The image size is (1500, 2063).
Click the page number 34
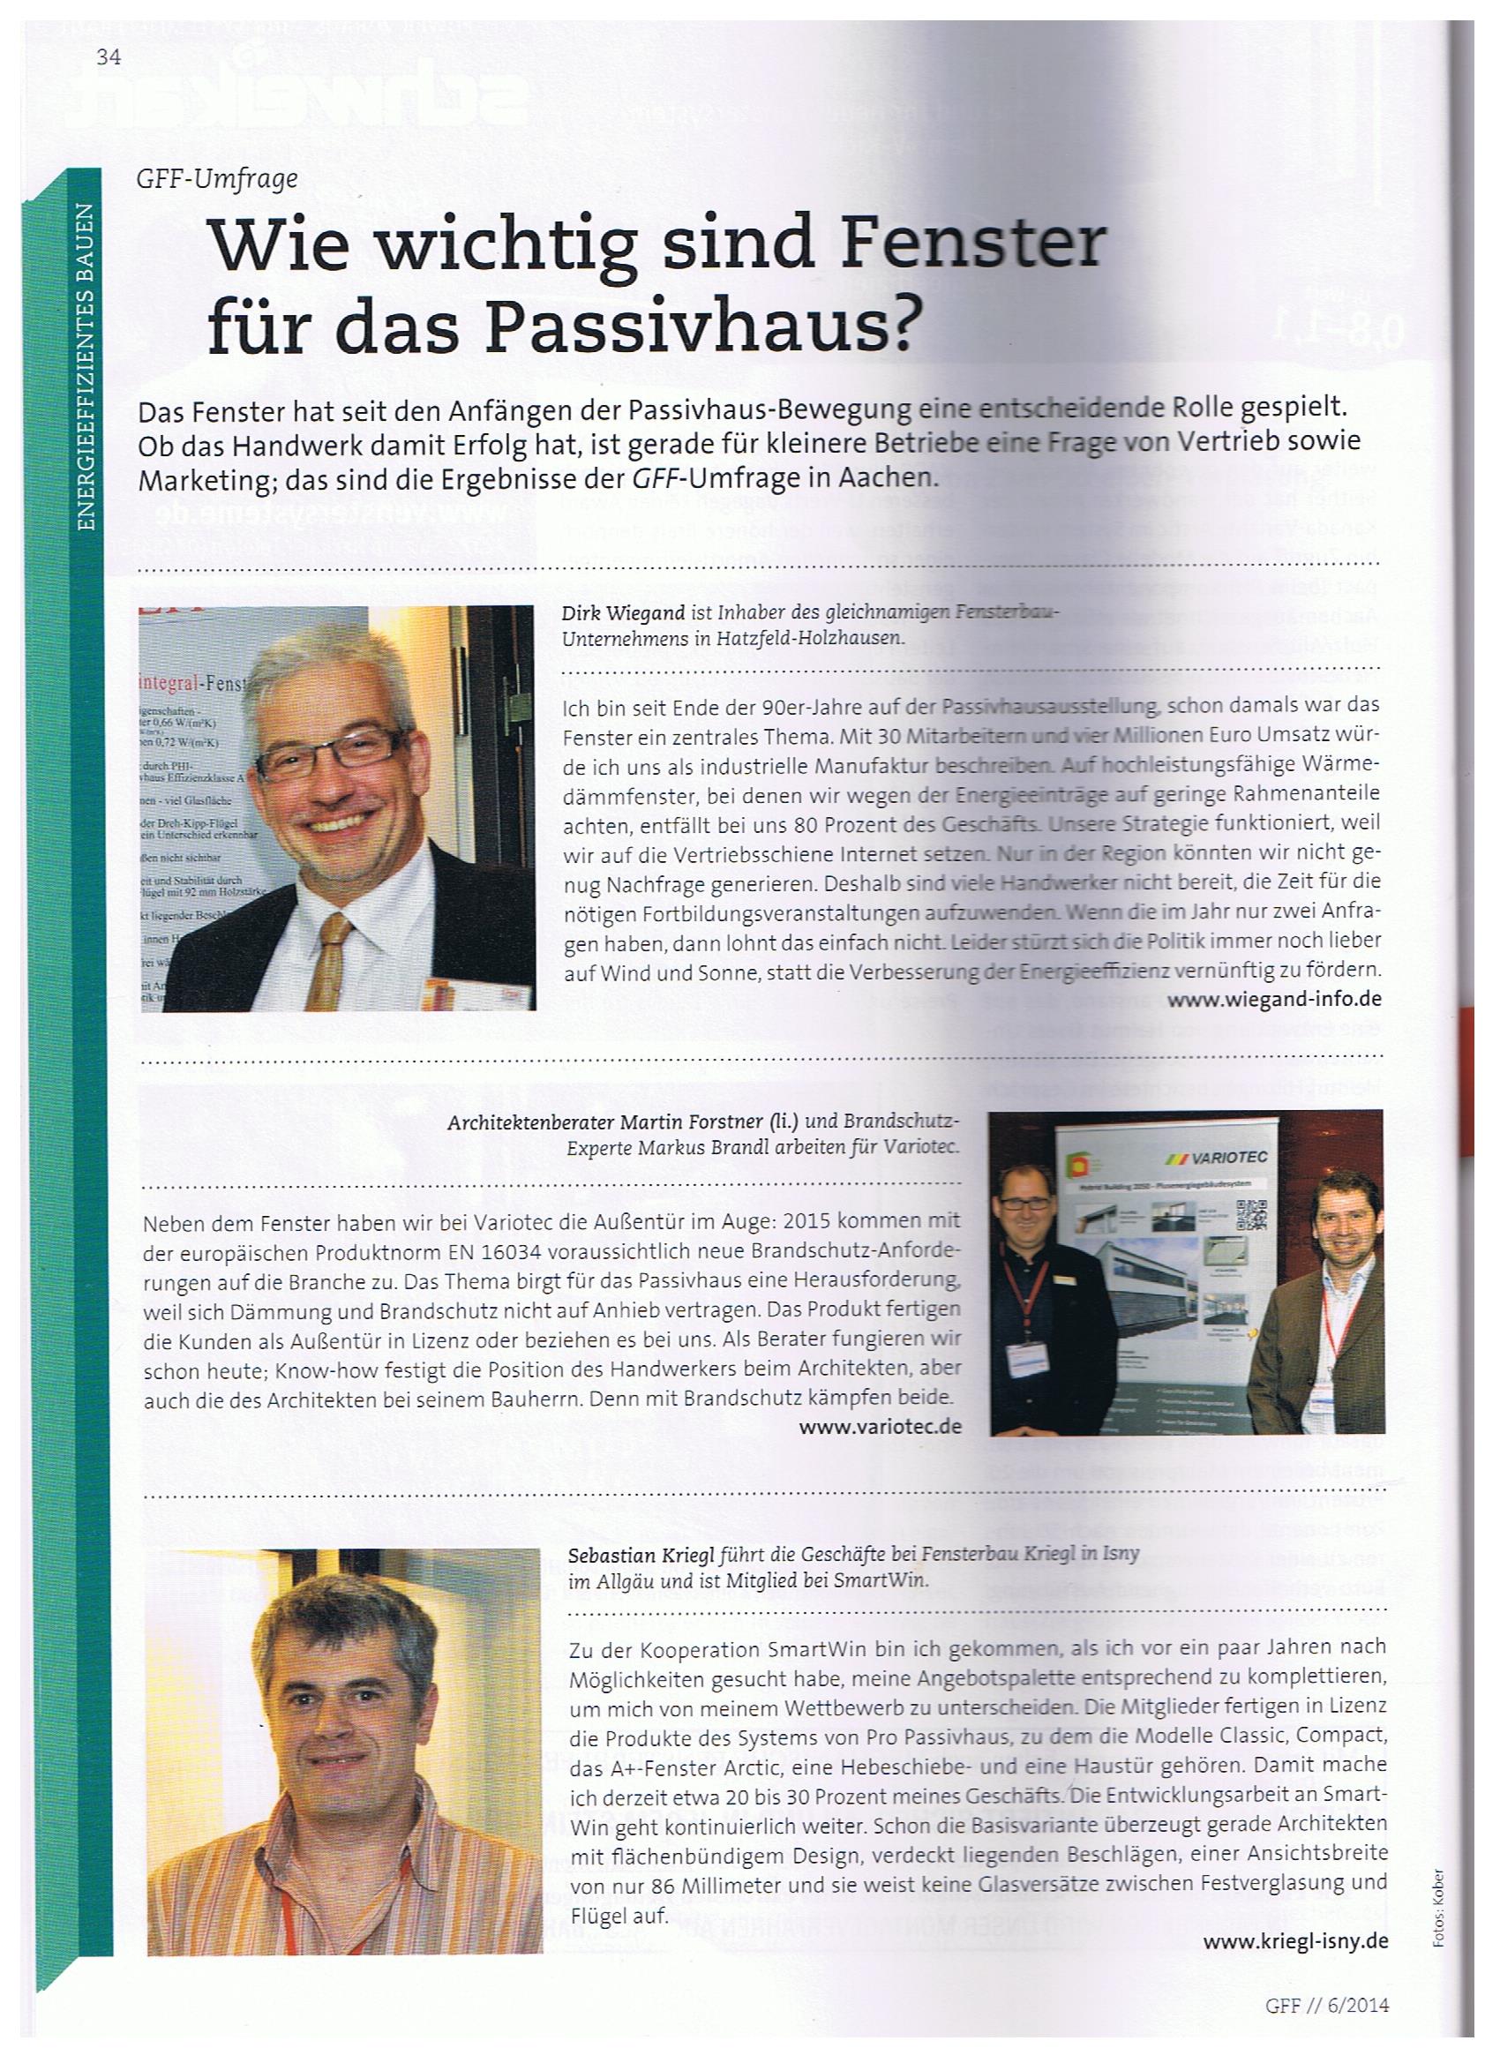(x=109, y=56)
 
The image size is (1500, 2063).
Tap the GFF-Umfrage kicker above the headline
(x=216, y=180)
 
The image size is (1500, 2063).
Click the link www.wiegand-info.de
(x=1274, y=999)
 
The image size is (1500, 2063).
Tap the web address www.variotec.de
(x=880, y=1425)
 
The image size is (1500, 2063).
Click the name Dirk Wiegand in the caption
(x=618, y=614)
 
